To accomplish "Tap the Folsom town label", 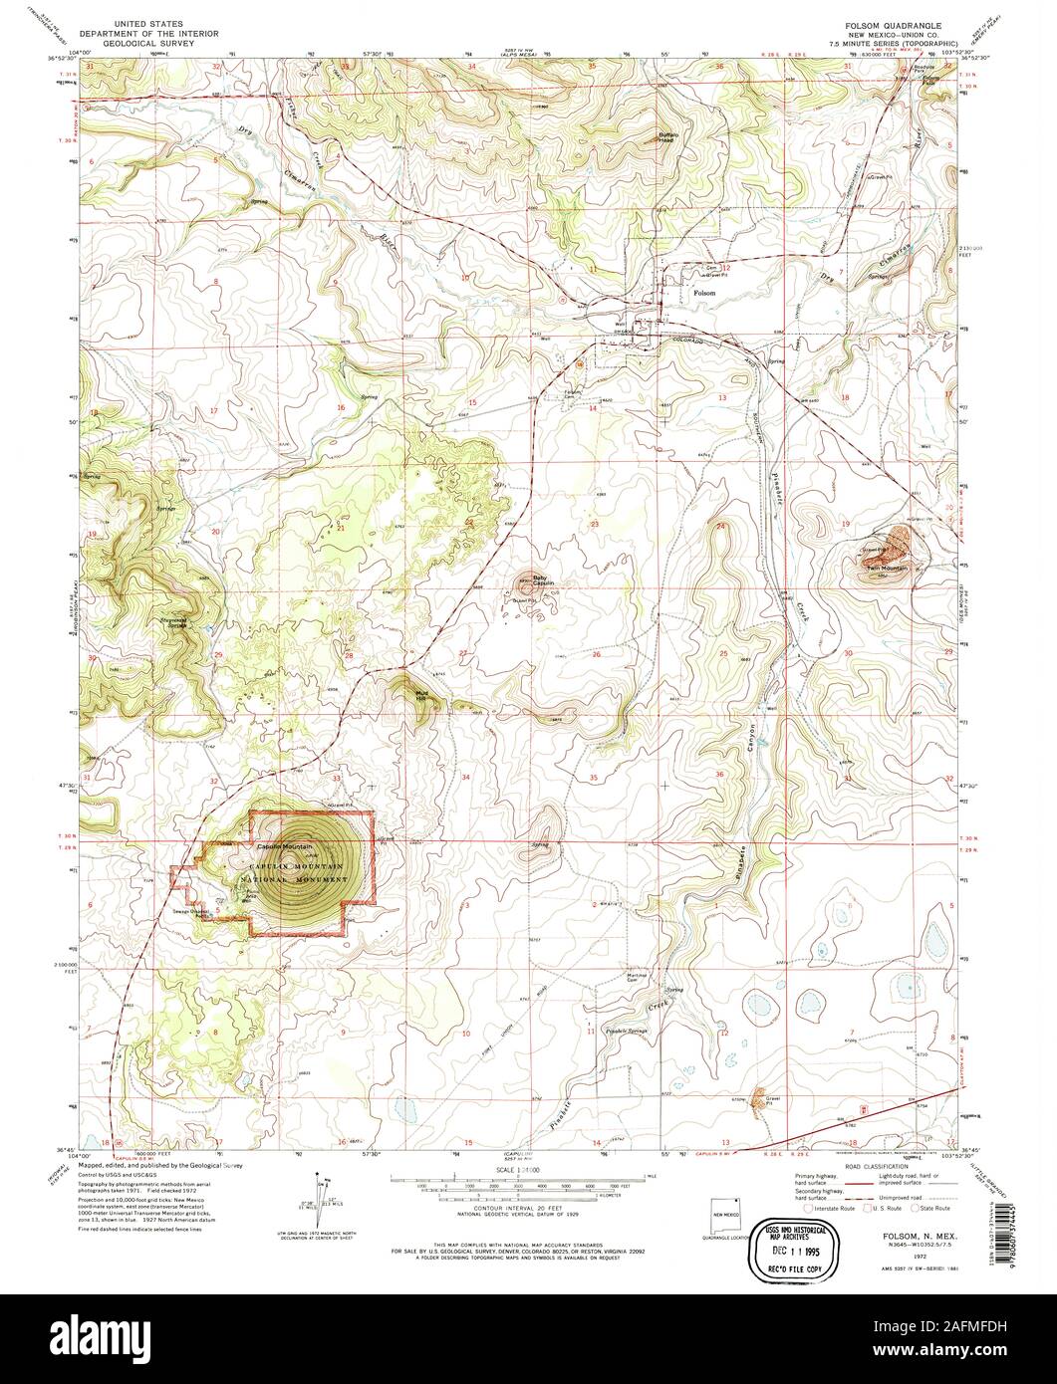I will pyautogui.click(x=703, y=293).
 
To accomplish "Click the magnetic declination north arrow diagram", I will pyautogui.click(x=322, y=1195).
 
